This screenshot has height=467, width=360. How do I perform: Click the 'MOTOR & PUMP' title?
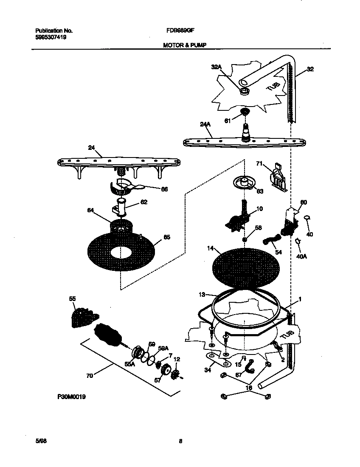185,45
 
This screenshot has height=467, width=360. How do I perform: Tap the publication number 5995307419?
51,37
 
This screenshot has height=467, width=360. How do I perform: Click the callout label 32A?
216,67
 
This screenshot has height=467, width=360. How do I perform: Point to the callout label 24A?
205,124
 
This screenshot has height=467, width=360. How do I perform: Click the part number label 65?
167,237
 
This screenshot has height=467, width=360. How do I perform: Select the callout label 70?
89,375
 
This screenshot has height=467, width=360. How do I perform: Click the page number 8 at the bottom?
180,441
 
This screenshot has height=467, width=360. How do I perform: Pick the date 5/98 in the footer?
41,441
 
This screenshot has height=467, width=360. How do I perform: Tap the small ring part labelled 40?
307,218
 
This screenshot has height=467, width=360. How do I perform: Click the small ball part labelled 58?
245,240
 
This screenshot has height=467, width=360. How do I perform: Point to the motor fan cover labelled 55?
83,317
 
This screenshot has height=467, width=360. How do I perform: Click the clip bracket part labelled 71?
278,175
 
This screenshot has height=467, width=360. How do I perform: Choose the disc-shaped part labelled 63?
244,183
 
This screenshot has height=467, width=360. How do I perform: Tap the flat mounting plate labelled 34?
219,360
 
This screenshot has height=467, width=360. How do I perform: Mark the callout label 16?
249,388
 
